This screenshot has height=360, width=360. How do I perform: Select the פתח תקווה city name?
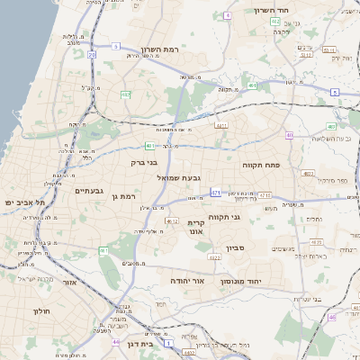pyautogui.click(x=262, y=166)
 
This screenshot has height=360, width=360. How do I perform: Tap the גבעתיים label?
pyautogui.click(x=90, y=190)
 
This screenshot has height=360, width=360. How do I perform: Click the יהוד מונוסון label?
pyautogui.click(x=240, y=281)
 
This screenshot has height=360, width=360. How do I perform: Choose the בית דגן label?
pyautogui.click(x=161, y=343)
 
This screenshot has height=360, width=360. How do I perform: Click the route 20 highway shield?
pyautogui.click(x=92, y=55)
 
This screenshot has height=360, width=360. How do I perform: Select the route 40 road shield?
pyautogui.click(x=289, y=136)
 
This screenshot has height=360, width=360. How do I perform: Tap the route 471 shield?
pyautogui.click(x=215, y=192)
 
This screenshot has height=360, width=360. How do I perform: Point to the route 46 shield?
pyautogui.click(x=332, y=317)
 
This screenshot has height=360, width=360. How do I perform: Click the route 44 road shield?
pyautogui.click(x=115, y=342)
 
